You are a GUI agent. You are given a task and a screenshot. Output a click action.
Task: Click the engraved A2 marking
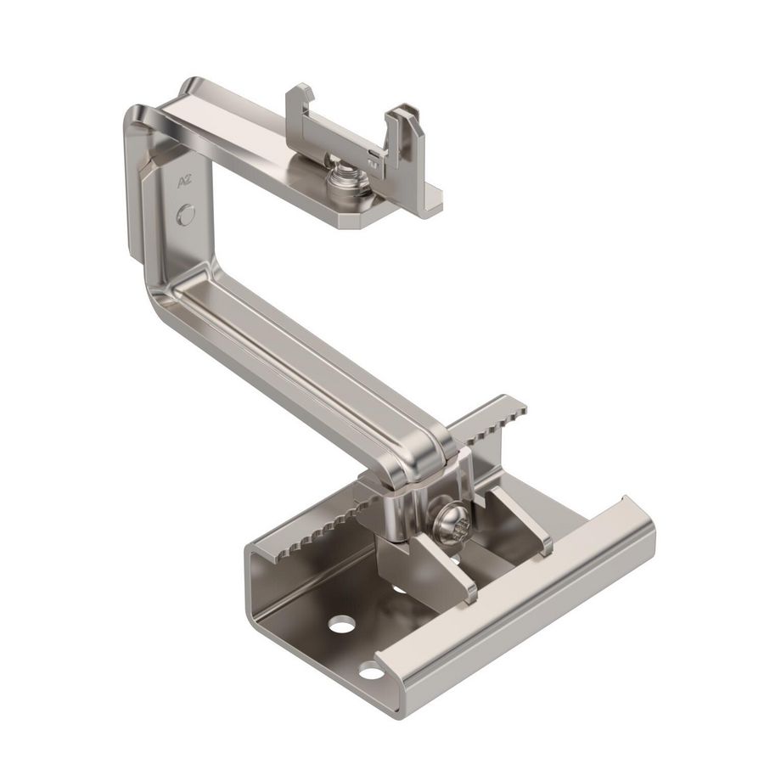[x=183, y=183]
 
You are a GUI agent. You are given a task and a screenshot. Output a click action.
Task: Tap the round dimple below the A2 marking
[x=186, y=215]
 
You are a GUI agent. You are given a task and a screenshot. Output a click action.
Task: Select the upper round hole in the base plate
[x=342, y=624]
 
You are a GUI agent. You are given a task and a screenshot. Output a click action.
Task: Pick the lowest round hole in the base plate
[x=371, y=673]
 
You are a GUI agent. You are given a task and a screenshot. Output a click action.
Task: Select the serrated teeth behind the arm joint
[x=492, y=423]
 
